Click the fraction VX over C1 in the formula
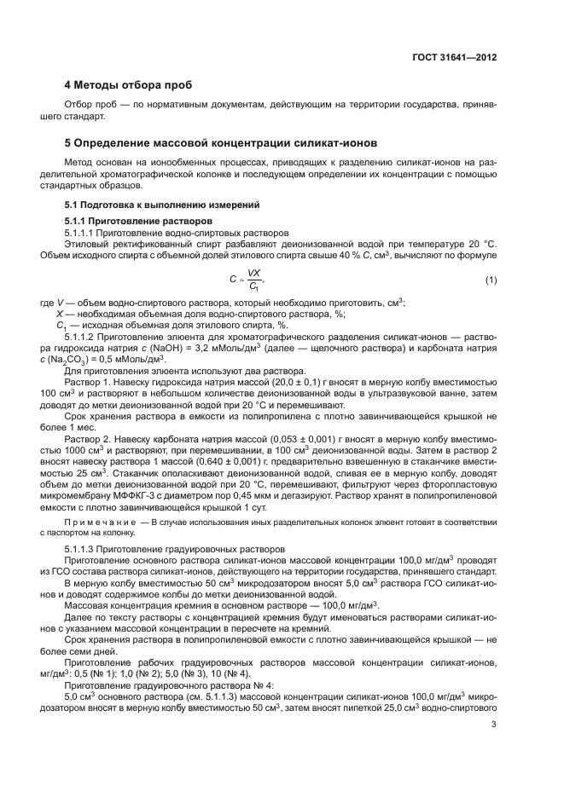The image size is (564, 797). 253,280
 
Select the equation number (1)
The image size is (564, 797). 491,280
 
